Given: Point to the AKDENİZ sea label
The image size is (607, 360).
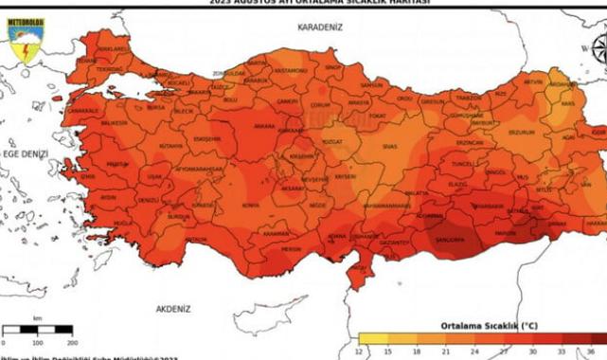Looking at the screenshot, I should coord(173,309).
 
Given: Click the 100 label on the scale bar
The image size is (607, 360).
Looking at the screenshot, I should coord(36,342).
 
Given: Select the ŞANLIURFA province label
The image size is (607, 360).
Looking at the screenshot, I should coord(450,240).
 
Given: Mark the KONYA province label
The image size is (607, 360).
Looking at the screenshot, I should coord(250,205).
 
